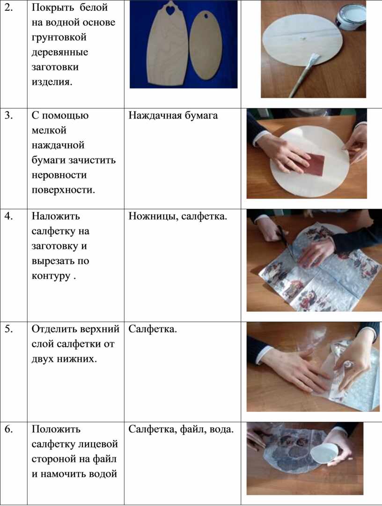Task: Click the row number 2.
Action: (9, 8)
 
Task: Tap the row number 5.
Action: (9, 329)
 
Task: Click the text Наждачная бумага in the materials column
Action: (173, 116)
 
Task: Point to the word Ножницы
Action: (153, 216)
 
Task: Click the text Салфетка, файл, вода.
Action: (181, 429)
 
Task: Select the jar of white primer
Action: (350, 14)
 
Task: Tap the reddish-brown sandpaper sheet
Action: (312, 164)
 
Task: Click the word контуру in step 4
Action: (51, 277)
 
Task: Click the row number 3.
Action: (9, 116)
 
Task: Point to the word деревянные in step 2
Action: (60, 52)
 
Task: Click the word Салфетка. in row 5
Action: (153, 329)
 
